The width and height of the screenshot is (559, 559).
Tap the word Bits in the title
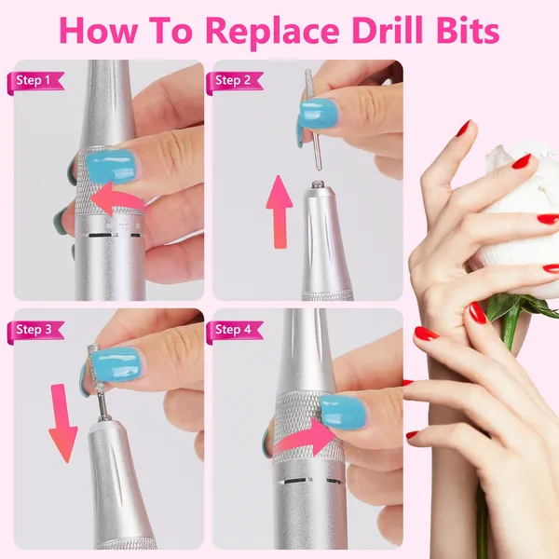point(468,30)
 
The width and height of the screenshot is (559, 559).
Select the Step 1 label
point(35,80)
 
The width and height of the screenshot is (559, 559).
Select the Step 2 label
point(234,80)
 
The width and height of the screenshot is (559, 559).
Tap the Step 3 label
point(35,330)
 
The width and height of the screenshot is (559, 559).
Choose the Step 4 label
point(234,330)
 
